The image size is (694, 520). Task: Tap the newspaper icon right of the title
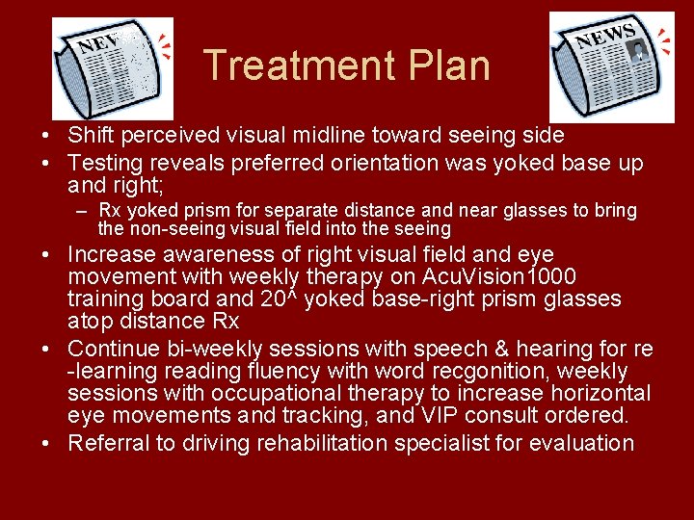pyautogui.click(x=611, y=67)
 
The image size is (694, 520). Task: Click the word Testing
pyautogui.click(x=103, y=164)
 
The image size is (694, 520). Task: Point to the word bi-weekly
pyautogui.click(x=196, y=348)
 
